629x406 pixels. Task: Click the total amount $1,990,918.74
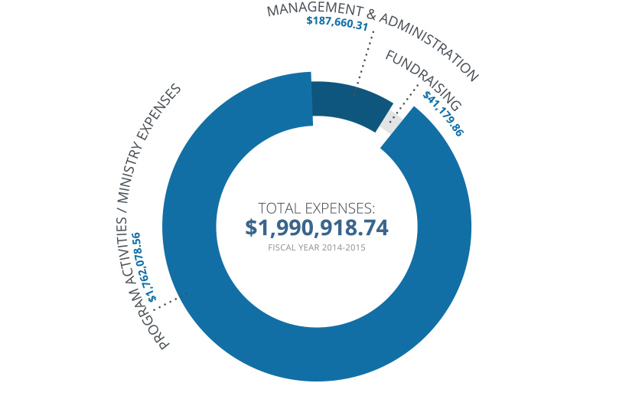point(316,228)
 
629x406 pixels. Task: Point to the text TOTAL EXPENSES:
point(316,208)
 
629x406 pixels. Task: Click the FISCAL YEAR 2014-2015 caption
point(316,247)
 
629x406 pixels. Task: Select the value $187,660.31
point(337,23)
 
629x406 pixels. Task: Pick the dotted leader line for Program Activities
point(171,301)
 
